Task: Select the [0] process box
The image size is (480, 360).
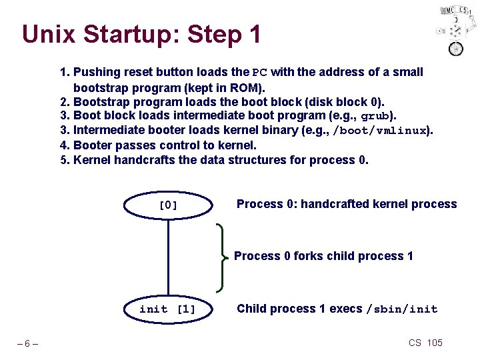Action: point(168,205)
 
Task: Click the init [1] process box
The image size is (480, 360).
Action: point(168,309)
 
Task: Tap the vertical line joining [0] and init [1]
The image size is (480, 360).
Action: point(168,257)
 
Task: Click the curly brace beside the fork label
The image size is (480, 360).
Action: point(221,257)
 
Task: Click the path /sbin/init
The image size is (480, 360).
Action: point(402,309)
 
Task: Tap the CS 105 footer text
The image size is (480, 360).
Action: point(425,343)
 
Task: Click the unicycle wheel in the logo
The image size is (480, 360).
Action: point(456,48)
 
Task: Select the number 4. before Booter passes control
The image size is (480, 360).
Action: point(65,145)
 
